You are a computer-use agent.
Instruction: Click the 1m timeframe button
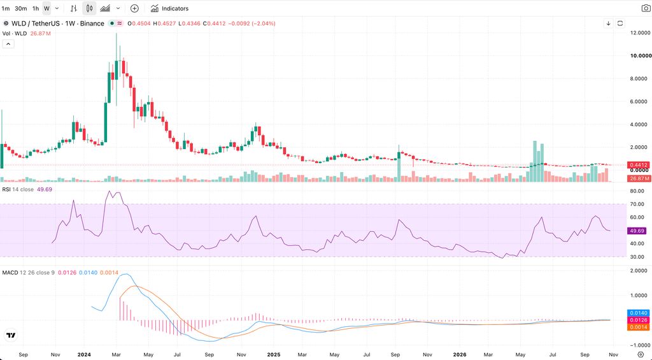click(x=6, y=8)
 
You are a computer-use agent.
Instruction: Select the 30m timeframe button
click(x=21, y=8)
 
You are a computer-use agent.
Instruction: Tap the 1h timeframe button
click(x=36, y=8)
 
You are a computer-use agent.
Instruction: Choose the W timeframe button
click(x=46, y=8)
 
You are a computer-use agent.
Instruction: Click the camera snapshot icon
click(x=646, y=8)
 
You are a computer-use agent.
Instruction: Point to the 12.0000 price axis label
click(x=640, y=32)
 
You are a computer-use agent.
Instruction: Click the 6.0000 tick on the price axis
click(x=640, y=101)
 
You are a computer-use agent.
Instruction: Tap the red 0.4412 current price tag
click(x=639, y=165)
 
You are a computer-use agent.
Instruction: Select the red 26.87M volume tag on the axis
click(x=639, y=178)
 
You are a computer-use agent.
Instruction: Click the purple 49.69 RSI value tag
click(x=637, y=231)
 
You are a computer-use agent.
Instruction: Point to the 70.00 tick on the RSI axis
click(x=637, y=204)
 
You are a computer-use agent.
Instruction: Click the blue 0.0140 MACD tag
click(x=639, y=313)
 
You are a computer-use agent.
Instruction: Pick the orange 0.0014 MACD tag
click(x=639, y=327)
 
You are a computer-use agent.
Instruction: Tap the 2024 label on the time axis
click(x=83, y=355)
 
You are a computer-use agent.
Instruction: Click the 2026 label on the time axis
click(x=459, y=355)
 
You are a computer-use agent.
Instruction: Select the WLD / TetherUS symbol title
click(x=36, y=24)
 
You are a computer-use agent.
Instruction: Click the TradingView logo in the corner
click(x=11, y=335)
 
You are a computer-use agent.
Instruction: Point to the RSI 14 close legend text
click(x=18, y=189)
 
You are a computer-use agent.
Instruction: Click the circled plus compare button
click(x=134, y=8)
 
